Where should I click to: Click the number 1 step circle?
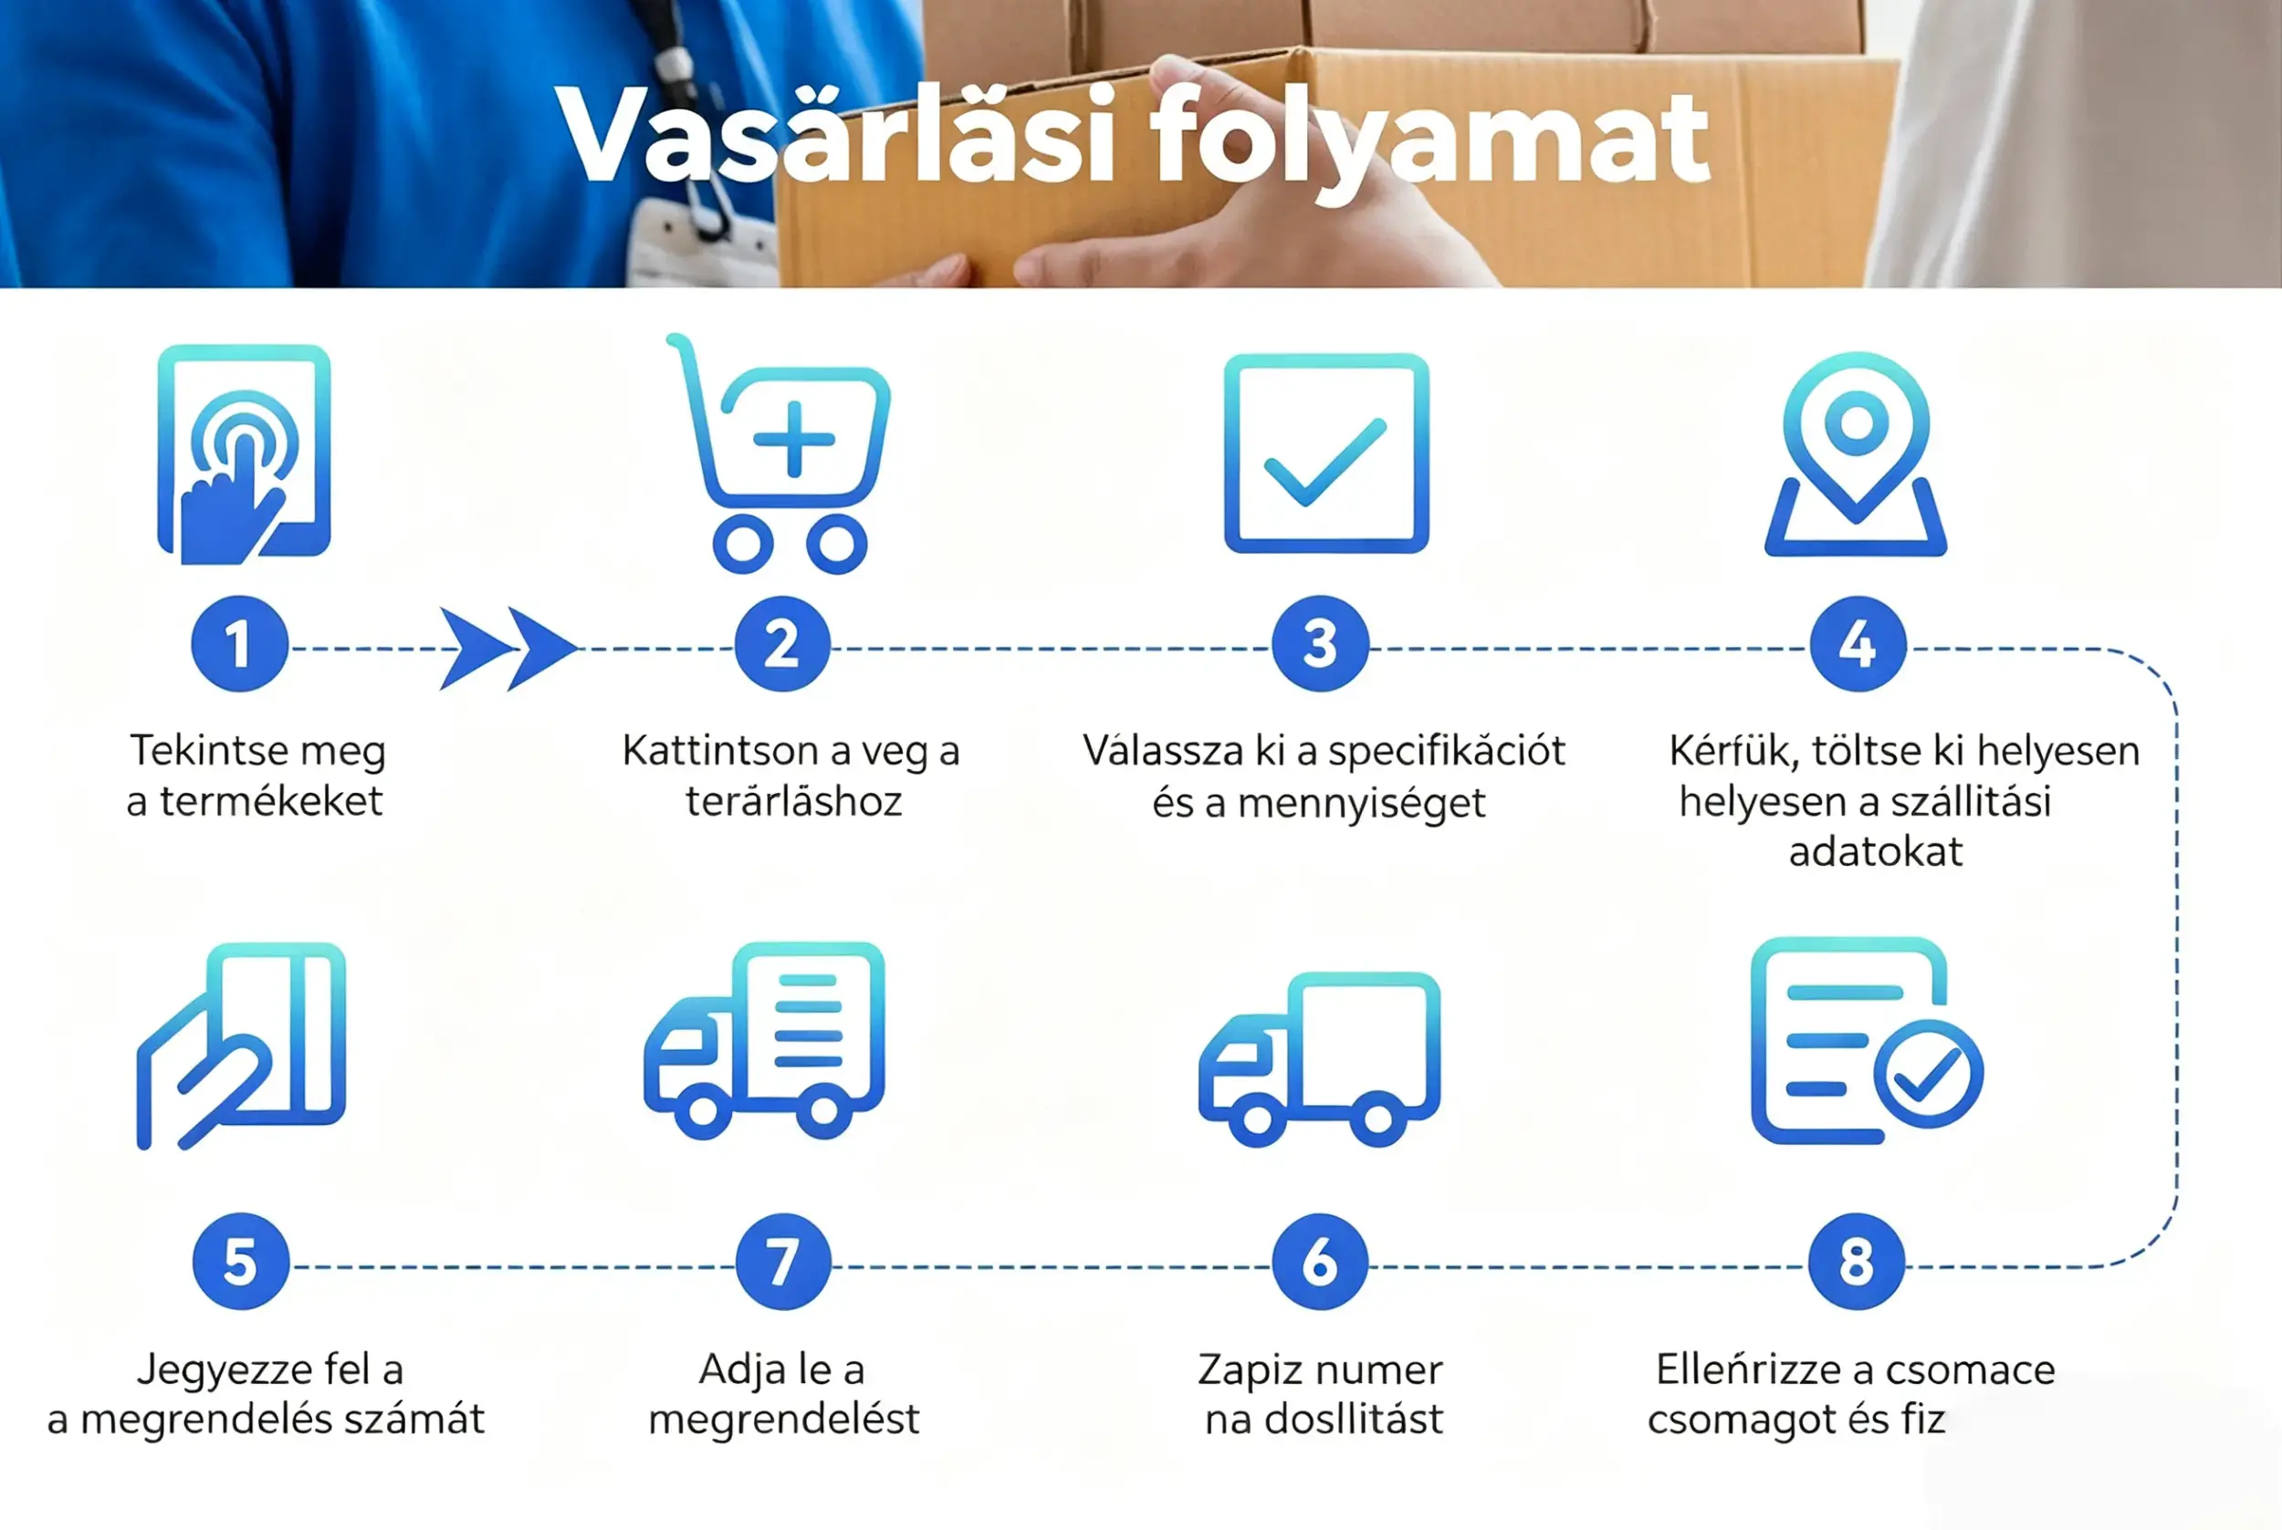point(239,644)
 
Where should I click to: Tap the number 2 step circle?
point(782,644)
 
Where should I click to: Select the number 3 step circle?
point(1320,644)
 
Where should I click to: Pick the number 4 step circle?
point(1858,644)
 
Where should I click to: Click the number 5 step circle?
point(240,1261)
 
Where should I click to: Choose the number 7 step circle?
point(783,1261)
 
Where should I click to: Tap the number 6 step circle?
point(1320,1261)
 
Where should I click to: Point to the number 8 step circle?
point(1856,1261)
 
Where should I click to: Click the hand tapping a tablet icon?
point(244,453)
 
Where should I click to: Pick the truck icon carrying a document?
point(764,1040)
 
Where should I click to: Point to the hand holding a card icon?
point(241,1045)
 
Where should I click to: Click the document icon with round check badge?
point(1866,1040)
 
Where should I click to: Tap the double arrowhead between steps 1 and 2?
point(508,648)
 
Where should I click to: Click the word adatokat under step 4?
point(1875,852)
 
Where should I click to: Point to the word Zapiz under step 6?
point(1252,1371)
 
